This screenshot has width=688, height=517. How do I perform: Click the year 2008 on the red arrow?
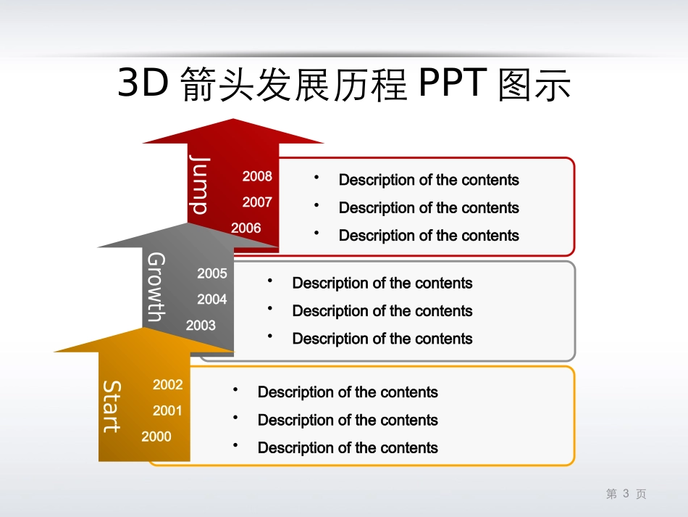pyautogui.click(x=257, y=176)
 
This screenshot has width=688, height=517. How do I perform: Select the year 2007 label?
pyautogui.click(x=257, y=202)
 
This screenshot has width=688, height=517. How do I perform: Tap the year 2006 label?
pyautogui.click(x=246, y=228)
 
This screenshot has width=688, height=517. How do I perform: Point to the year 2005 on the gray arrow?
pyautogui.click(x=212, y=274)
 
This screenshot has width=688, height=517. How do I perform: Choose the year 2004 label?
pyautogui.click(x=212, y=299)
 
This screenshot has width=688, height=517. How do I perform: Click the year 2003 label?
pyautogui.click(x=201, y=326)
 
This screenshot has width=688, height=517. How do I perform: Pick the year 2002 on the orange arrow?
pyautogui.click(x=168, y=385)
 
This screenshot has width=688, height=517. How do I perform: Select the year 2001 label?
pyautogui.click(x=168, y=411)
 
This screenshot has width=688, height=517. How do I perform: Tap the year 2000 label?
pyautogui.click(x=156, y=437)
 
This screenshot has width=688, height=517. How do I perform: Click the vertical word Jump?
pyautogui.click(x=199, y=185)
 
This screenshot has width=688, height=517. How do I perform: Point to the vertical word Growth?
pyautogui.click(x=156, y=286)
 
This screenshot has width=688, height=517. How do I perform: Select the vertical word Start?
pyautogui.click(x=112, y=406)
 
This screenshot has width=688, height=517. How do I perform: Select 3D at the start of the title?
pyautogui.click(x=143, y=85)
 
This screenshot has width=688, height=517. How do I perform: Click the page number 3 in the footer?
pyautogui.click(x=626, y=494)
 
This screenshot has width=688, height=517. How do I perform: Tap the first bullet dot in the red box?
pyautogui.click(x=316, y=177)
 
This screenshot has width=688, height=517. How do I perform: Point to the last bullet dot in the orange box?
pyautogui.click(x=235, y=445)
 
